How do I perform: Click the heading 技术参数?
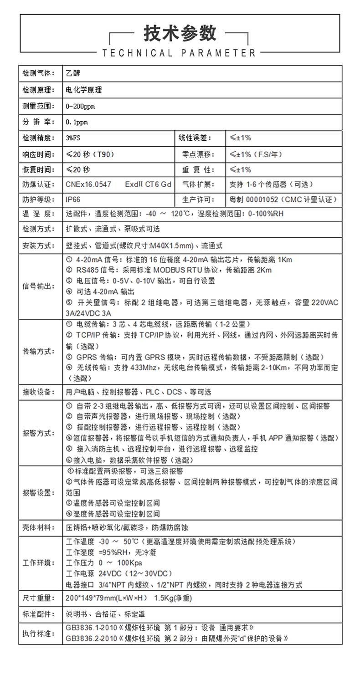pos(180,33)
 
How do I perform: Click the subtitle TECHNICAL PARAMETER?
pos(180,53)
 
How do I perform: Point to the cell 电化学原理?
pos(84,90)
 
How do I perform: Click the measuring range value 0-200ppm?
pos(80,106)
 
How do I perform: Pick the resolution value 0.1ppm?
pos(77,122)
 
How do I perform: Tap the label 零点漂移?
pos(197,154)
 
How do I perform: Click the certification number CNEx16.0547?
pos(88,184)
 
